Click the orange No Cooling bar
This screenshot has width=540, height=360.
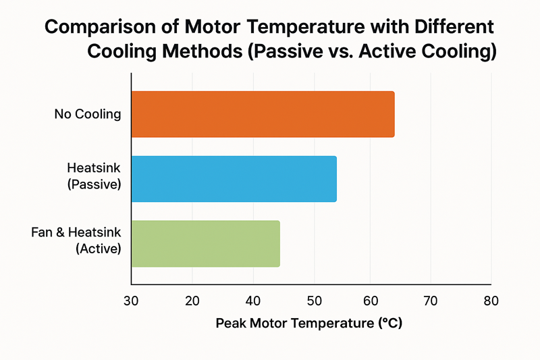tap(263, 113)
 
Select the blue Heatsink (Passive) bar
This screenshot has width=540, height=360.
tap(234, 178)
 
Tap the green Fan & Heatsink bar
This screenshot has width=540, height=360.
tap(205, 243)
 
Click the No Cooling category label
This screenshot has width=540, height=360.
tap(88, 113)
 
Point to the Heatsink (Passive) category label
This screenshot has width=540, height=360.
tap(94, 175)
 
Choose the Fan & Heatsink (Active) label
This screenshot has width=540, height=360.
tap(76, 240)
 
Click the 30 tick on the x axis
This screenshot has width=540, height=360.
tap(132, 301)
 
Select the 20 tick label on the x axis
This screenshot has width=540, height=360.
tap(192, 301)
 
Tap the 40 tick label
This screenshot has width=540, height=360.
tap(252, 301)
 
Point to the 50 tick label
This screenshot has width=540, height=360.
tap(313, 301)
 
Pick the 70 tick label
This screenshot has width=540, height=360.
tap(431, 301)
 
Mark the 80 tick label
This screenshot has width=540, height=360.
tap(491, 301)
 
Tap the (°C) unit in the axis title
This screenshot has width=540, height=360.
tap(389, 324)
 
